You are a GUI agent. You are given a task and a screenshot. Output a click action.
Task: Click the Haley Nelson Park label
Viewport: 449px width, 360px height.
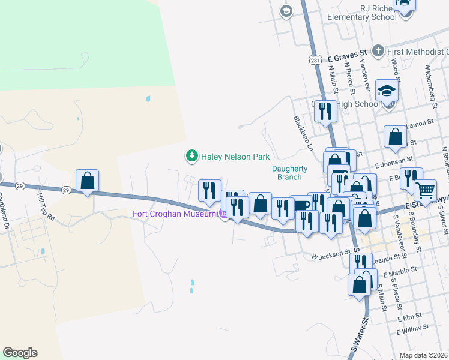click(235, 157)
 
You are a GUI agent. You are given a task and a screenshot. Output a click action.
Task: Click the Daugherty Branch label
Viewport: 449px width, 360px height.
click(290, 173)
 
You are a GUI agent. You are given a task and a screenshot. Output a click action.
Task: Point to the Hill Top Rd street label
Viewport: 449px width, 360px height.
click(47, 206)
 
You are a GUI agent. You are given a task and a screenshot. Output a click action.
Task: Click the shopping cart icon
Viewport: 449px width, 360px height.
click(425, 191)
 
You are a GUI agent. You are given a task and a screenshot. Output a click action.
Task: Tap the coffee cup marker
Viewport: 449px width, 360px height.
click(301, 205)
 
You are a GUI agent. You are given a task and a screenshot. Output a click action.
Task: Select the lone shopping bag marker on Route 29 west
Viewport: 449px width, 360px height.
click(87, 180)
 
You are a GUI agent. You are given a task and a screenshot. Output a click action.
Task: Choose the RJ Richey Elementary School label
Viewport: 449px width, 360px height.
click(362, 13)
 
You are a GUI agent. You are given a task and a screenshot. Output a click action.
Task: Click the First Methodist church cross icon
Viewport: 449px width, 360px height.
click(378, 51)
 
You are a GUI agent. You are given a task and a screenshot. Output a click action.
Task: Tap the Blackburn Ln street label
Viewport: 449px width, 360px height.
click(304, 133)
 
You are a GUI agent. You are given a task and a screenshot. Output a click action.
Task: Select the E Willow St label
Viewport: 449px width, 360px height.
click(413, 329)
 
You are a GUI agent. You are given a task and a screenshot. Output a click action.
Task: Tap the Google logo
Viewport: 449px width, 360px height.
click(20, 353)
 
